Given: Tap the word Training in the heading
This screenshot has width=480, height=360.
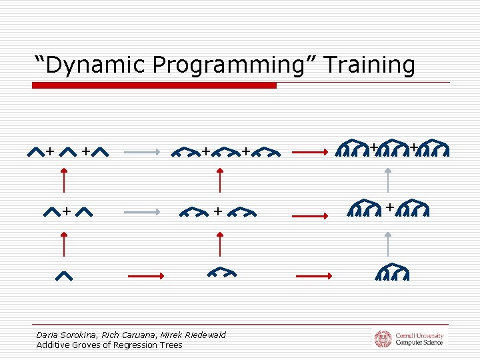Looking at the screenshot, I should tap(370, 65).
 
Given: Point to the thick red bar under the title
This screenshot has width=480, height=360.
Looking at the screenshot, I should tap(154, 85).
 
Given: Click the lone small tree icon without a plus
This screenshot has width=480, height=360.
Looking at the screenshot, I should tap(63, 276).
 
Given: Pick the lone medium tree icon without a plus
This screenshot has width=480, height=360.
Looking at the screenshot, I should tap(222, 273).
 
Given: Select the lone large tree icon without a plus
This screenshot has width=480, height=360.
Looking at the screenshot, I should tap(391, 273).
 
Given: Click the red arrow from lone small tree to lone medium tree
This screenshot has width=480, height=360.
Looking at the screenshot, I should tap(145, 275).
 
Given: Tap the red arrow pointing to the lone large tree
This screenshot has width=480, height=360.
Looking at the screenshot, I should tap(313, 275).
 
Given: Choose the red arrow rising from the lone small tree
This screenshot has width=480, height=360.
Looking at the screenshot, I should tap(63, 243).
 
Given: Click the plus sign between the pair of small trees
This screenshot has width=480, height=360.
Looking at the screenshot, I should tap(67, 212).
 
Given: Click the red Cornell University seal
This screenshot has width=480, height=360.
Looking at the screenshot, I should tap(383, 339).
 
